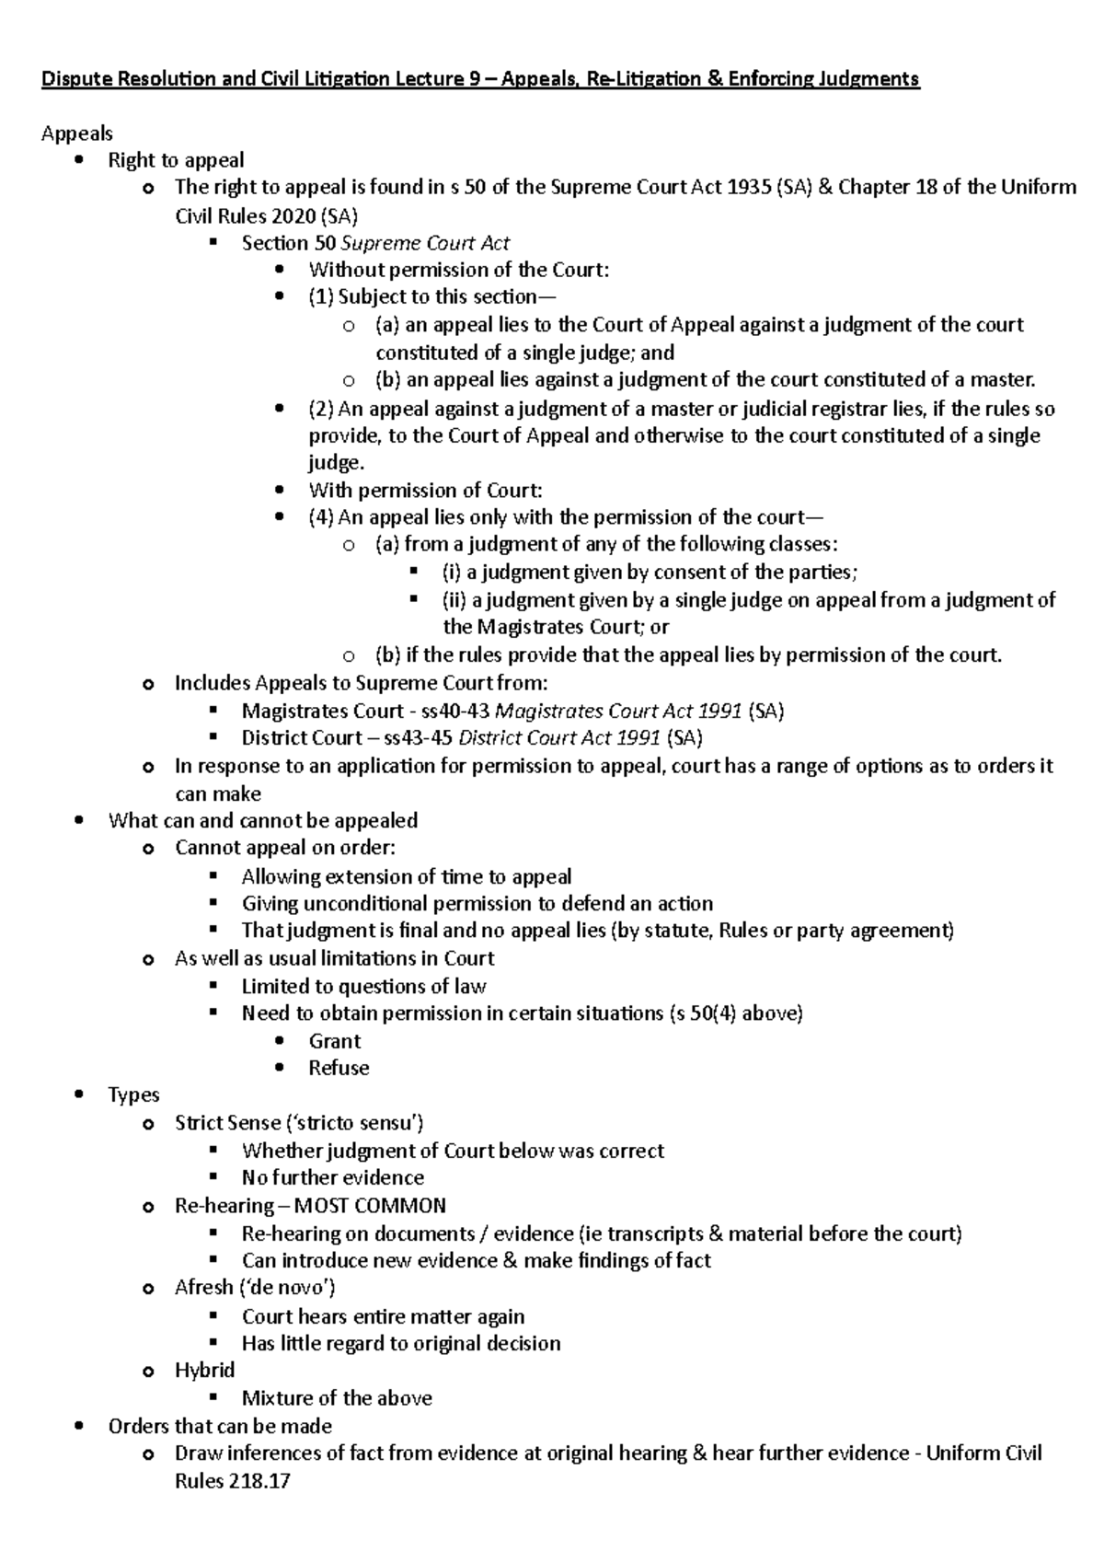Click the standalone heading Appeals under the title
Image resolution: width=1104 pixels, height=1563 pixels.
76,133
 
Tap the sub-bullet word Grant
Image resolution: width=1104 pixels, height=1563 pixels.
335,1041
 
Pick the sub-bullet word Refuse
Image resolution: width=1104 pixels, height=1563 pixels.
339,1068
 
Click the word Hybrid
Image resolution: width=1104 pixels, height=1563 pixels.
204,1371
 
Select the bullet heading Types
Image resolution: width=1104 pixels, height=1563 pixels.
133,1095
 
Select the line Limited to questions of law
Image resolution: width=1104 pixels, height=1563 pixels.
363,987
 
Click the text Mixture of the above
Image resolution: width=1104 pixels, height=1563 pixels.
337,1398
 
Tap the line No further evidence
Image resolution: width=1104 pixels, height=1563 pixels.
332,1178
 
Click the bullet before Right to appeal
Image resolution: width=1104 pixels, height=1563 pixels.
81,161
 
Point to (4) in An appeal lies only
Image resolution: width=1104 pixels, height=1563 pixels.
321,517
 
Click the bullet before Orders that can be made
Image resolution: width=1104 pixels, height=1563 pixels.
81,1426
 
